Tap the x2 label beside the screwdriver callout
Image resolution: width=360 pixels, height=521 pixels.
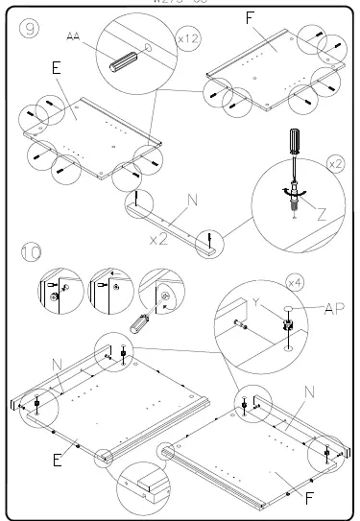tap(335, 164)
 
